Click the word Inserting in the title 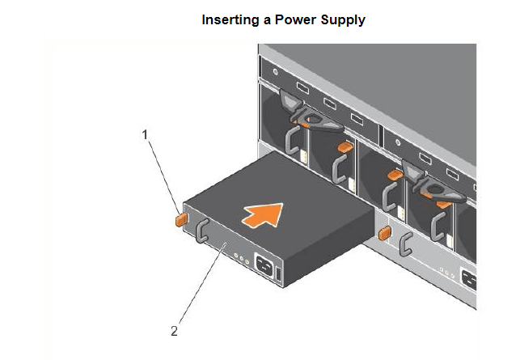coord(230,19)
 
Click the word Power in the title coord(294,19)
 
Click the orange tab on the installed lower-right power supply coord(385,233)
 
